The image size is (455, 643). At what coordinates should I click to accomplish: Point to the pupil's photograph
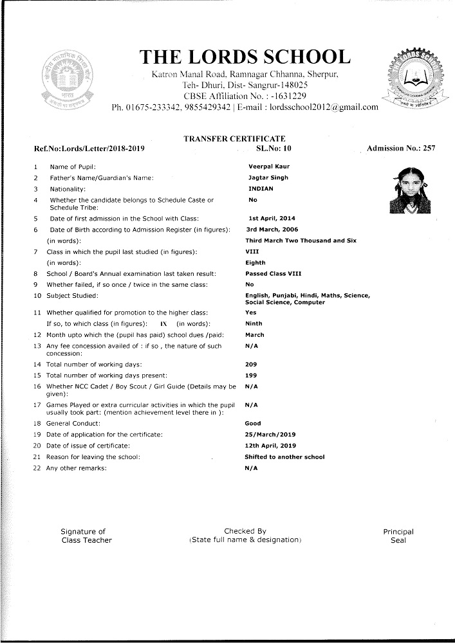click(409, 190)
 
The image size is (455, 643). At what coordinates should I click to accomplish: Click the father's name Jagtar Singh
click(268, 177)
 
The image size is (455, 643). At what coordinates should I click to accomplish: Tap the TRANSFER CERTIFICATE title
click(234, 138)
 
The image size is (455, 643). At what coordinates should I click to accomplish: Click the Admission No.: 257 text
click(401, 149)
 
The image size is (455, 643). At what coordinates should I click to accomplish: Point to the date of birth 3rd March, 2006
click(272, 229)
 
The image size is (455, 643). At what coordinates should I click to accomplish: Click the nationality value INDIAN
click(261, 188)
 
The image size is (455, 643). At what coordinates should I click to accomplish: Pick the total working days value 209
click(252, 364)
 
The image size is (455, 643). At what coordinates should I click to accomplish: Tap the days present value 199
click(252, 375)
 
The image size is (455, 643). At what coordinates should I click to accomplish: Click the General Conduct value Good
click(253, 424)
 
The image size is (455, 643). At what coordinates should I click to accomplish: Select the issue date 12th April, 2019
click(271, 446)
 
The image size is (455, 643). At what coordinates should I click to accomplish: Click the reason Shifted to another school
click(284, 457)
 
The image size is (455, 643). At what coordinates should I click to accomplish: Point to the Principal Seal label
click(398, 536)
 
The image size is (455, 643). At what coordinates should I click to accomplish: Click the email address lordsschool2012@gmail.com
click(324, 107)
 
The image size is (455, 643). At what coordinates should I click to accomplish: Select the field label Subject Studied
click(73, 295)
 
